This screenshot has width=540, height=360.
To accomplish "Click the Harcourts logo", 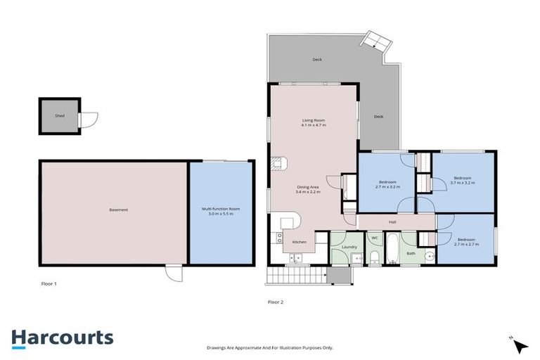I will coord(63,337).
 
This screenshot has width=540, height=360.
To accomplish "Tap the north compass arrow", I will coord(520,345).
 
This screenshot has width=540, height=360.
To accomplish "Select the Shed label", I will coord(60,115).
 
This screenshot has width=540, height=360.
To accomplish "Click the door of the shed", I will coord(88,120).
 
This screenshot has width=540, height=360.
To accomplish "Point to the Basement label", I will coord(118,210).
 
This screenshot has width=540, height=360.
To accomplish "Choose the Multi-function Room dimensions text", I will coord(221,214).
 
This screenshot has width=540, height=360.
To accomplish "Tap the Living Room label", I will coord(313,120).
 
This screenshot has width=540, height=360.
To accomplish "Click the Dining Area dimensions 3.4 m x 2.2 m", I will coord(309,191).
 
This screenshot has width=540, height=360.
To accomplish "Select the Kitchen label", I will coord(300,242).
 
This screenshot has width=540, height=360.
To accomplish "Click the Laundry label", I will coord(349,247).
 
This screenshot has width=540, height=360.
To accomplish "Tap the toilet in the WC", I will coord(375,256).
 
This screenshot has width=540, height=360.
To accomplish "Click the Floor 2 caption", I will coord(276,302).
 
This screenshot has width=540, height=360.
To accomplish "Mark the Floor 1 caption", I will coord(49,283).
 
